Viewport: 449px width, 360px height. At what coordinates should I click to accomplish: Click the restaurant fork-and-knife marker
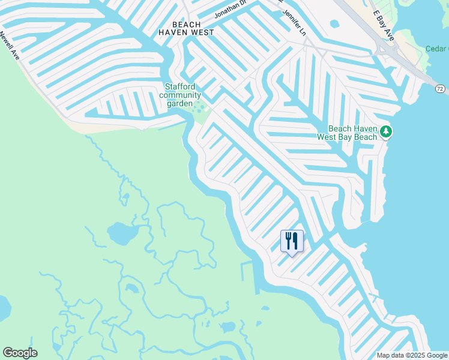[x=292, y=241]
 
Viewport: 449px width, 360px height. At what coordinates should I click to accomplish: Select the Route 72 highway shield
[x=441, y=89]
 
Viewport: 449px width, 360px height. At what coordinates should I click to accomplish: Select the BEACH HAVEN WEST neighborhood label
[x=185, y=28]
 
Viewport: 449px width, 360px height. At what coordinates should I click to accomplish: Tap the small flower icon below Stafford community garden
[x=200, y=108]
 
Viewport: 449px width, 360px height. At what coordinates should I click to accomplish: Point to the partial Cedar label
[x=436, y=49]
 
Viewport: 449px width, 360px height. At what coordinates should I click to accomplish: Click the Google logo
[x=20, y=353]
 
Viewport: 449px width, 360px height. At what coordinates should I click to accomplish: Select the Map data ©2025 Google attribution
[x=412, y=355]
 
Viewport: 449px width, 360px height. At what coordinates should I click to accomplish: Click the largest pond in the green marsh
[x=122, y=231]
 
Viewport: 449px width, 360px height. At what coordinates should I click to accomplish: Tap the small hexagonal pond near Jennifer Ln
[x=334, y=24]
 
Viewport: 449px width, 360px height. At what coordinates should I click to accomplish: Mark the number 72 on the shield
[x=441, y=89]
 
